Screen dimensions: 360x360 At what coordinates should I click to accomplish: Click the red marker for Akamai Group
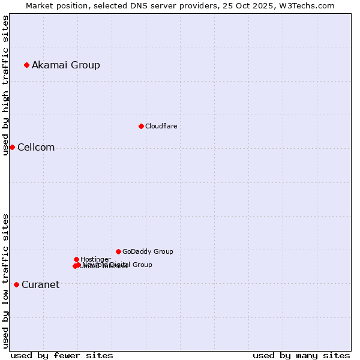click(26, 65)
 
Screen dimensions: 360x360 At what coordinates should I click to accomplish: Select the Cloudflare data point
click(141, 126)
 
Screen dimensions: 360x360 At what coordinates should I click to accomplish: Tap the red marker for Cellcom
click(12, 147)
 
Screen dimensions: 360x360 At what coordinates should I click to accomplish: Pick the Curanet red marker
click(16, 284)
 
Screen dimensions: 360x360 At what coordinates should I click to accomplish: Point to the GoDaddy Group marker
click(118, 251)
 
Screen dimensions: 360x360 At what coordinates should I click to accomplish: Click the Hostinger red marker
click(76, 259)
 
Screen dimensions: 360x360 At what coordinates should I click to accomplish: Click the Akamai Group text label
click(66, 65)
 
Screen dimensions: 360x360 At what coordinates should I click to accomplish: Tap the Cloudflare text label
click(161, 126)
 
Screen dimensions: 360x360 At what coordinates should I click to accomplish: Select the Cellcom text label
click(36, 148)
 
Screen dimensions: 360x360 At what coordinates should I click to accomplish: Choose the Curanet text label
click(40, 285)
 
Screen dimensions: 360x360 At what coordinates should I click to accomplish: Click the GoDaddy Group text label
click(148, 252)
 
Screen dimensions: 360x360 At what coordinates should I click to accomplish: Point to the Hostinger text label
click(95, 259)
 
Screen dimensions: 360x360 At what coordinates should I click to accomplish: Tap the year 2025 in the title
click(262, 5)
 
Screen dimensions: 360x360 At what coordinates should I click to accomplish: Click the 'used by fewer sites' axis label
click(62, 355)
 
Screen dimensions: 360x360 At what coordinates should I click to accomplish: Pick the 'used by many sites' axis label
click(301, 355)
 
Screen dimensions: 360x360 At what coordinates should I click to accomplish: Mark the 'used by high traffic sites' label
click(5, 85)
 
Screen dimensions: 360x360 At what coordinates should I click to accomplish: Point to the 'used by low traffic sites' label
click(5, 281)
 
